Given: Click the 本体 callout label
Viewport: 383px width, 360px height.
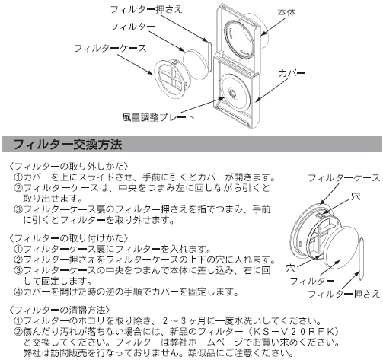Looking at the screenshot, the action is coord(287,12).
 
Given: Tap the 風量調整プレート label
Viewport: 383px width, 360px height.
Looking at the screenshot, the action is coord(158,117).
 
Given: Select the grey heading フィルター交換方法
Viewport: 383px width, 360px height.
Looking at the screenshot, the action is coord(68,144).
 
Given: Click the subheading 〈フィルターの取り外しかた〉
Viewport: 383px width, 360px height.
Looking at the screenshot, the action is coord(69,167).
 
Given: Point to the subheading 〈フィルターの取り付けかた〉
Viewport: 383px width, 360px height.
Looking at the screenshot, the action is coord(69,238).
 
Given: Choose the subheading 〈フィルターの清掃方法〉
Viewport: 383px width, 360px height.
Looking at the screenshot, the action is coord(59,310).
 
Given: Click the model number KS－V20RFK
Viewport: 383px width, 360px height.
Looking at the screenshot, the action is coord(293,331).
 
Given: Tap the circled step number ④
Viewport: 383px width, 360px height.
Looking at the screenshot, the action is coord(18,292).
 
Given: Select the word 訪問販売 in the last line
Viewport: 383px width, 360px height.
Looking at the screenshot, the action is coord(60,353).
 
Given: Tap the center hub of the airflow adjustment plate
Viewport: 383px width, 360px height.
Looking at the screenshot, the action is coord(232,93).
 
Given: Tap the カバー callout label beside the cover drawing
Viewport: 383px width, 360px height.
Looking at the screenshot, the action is coord(292,73).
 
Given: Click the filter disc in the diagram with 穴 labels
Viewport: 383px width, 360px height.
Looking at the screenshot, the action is coord(341,249).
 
